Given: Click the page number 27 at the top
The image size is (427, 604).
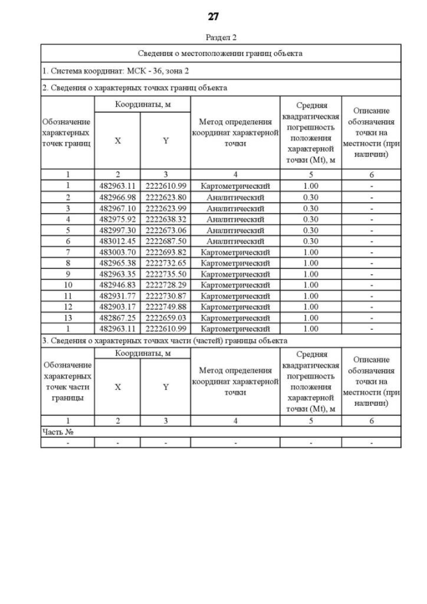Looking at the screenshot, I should click(213, 16).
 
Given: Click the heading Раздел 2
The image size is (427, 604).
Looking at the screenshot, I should click(213, 37).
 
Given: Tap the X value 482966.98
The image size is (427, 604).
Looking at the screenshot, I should click(117, 198).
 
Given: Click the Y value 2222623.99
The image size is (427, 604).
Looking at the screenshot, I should click(165, 208).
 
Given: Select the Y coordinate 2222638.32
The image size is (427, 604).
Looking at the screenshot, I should click(165, 219).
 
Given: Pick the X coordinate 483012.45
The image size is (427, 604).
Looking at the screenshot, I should click(117, 241).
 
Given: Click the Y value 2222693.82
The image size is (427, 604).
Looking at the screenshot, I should click(165, 252).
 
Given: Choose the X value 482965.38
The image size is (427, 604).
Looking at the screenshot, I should click(117, 263).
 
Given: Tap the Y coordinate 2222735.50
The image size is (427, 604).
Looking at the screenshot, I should click(165, 274).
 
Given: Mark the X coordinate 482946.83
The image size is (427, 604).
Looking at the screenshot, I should click(117, 285).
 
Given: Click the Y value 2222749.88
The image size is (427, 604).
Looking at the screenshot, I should click(165, 306).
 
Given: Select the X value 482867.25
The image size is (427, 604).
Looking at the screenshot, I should click(117, 318).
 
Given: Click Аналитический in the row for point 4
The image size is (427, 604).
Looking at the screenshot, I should click(235, 219).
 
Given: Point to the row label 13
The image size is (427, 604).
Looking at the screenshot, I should click(67, 318).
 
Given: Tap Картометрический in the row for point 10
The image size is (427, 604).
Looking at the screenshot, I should click(235, 285).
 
